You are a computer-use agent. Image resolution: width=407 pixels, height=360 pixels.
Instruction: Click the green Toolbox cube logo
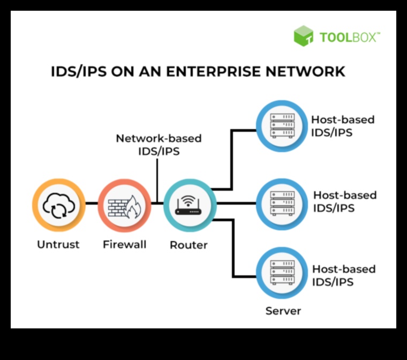(303, 36)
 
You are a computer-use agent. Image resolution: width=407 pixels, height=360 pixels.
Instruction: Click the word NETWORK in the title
(311, 71)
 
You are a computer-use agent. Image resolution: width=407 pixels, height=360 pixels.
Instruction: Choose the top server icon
(281, 126)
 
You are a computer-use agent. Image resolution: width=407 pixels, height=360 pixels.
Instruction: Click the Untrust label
(58, 245)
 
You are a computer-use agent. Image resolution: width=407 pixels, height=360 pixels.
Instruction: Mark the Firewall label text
(124, 245)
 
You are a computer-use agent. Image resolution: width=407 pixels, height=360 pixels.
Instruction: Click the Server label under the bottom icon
(283, 311)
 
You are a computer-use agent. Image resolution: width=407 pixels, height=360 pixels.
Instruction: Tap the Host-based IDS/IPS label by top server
(343, 126)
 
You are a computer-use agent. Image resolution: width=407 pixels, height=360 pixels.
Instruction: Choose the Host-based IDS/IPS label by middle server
(344, 201)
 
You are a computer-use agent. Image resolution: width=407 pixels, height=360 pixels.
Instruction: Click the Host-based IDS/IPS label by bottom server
(343, 275)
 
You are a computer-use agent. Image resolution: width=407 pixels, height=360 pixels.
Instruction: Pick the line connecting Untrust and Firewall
(91, 204)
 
